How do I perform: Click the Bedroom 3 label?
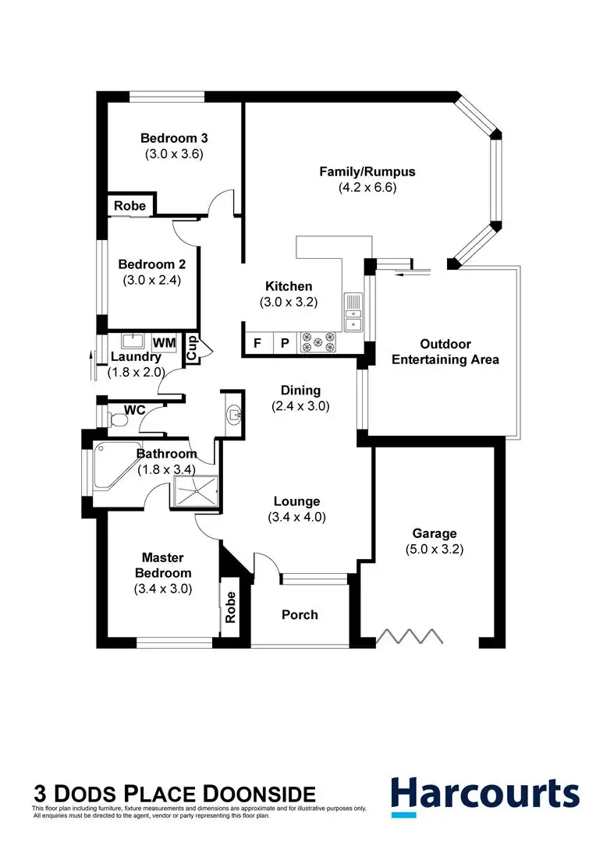point(173,138)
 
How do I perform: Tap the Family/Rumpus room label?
point(367,172)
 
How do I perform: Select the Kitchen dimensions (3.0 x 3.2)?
point(289,302)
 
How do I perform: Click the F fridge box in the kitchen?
point(257,343)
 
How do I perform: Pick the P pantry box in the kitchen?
point(285,343)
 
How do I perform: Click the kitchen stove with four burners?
point(318,342)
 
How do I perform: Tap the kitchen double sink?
point(353,311)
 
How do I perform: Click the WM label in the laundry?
point(164,342)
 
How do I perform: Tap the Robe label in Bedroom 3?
point(130,206)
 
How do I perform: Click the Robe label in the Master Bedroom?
point(230,607)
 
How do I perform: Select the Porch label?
point(300,614)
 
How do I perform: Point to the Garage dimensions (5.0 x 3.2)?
point(435,549)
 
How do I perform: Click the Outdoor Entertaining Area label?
point(445,352)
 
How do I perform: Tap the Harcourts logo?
point(484,793)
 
